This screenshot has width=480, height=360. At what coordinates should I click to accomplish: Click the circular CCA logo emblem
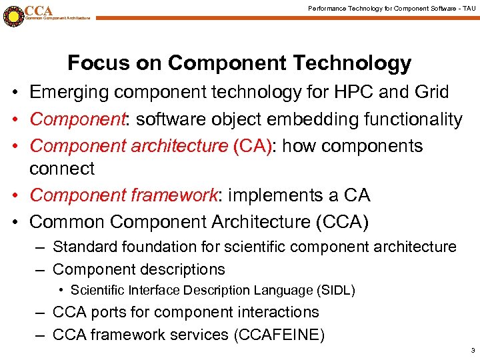12,15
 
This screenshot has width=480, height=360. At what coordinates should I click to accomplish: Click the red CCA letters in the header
39,10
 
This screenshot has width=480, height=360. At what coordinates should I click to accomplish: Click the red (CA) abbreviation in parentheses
252,146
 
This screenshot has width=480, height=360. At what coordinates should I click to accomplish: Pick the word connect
62,169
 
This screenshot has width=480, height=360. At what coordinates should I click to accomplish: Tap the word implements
276,195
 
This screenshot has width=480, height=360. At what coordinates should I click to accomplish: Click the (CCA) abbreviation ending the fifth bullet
347,221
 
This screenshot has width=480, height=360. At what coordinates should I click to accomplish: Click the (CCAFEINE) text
279,335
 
